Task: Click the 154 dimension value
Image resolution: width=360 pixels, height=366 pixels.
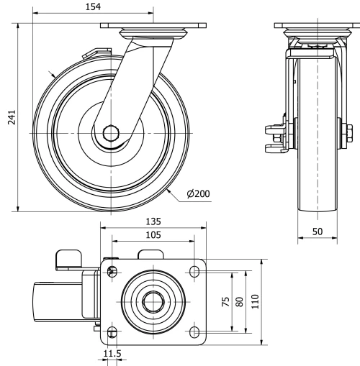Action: pos(93,6)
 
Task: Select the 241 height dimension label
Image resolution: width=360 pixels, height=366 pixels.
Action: pos(12,117)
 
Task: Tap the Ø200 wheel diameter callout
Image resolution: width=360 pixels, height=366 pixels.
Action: pos(198,193)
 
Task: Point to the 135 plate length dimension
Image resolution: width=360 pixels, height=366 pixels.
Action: pos(153,221)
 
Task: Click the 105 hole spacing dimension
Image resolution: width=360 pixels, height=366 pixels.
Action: pos(153,235)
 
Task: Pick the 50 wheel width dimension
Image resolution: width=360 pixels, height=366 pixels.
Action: pos(318,232)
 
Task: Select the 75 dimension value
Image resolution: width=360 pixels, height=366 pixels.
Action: pos(226,302)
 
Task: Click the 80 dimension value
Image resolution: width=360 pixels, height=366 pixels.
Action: pos(240,302)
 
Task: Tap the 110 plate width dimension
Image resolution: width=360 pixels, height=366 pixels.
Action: pos(255,301)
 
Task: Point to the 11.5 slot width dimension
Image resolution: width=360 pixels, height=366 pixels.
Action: pos(112,354)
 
